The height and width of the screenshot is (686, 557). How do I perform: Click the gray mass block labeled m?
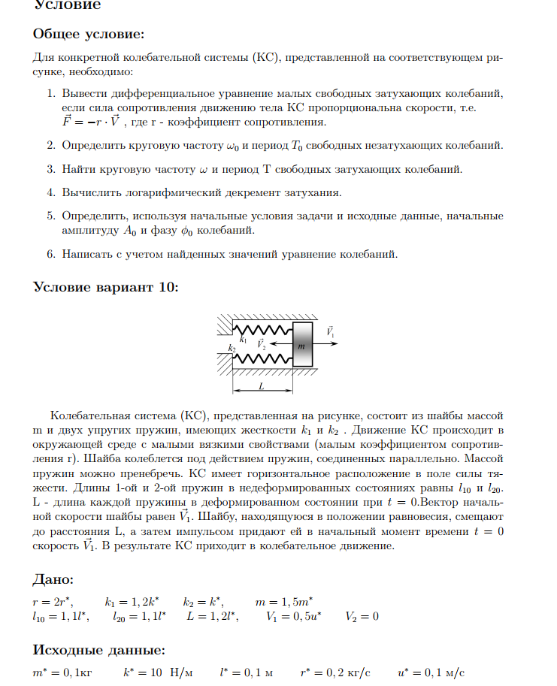pyautogui.click(x=301, y=345)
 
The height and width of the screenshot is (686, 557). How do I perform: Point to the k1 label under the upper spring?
pyautogui.click(x=244, y=340)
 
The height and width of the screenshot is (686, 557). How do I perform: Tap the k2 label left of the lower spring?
pyautogui.click(x=232, y=349)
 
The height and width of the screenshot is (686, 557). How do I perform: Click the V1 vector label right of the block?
pyautogui.click(x=330, y=331)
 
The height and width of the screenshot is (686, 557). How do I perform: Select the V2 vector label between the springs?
pyautogui.click(x=262, y=344)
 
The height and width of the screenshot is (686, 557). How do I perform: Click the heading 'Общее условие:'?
pyautogui.click(x=89, y=35)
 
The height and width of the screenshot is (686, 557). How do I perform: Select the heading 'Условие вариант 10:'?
pyautogui.click(x=106, y=287)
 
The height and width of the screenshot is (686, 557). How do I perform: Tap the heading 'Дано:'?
pyautogui.click(x=53, y=579)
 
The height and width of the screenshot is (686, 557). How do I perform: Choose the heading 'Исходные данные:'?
pyautogui.click(x=99, y=649)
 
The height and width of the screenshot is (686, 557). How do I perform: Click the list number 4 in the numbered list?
pyautogui.click(x=51, y=192)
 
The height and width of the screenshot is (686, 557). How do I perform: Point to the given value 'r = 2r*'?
pyautogui.click(x=53, y=602)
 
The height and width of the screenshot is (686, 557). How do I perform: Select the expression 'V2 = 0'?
pyautogui.click(x=362, y=617)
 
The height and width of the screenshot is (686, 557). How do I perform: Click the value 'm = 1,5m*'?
pyautogui.click(x=283, y=602)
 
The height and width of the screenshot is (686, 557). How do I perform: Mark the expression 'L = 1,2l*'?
pyautogui.click(x=212, y=617)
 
